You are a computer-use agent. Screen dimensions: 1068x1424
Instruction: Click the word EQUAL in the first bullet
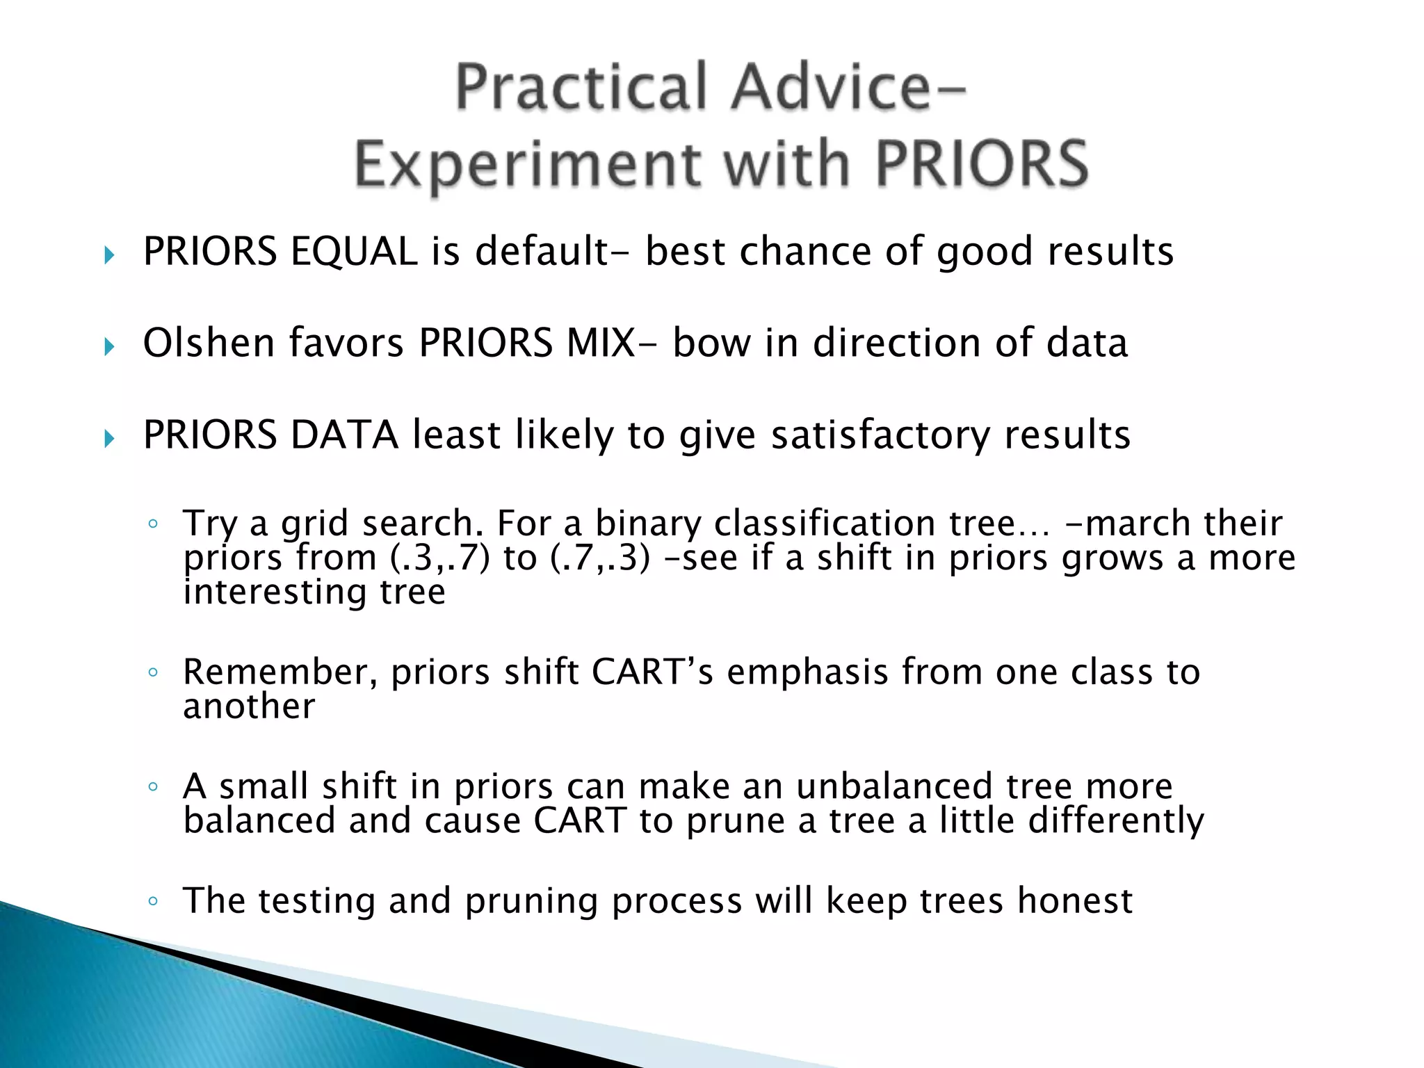(354, 252)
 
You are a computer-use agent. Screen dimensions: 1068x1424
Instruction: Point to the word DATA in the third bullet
(344, 435)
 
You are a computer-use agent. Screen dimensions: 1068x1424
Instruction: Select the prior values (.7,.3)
(600, 558)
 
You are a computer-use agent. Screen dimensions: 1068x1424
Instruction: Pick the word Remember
(280, 672)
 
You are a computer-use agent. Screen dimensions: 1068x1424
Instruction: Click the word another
(249, 706)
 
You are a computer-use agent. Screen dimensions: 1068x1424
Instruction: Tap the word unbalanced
(894, 786)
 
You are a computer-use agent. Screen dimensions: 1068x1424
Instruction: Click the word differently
(1116, 821)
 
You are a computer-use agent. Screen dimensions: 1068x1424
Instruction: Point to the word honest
(1075, 901)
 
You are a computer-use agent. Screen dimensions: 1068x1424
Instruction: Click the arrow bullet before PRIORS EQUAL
(109, 255)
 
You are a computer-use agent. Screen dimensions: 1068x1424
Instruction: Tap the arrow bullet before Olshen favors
(109, 346)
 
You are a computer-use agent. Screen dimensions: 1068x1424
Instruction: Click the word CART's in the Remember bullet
(652, 672)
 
